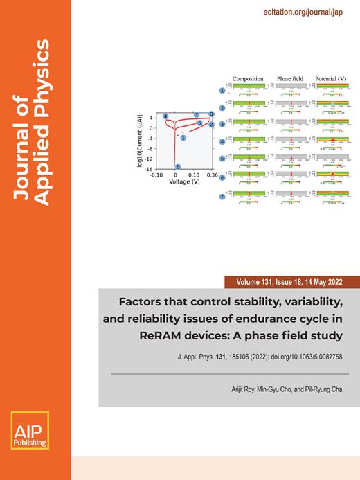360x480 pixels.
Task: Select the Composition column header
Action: [248, 79]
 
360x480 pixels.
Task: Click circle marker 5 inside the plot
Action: [179, 167]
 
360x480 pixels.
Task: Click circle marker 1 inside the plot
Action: [183, 139]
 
